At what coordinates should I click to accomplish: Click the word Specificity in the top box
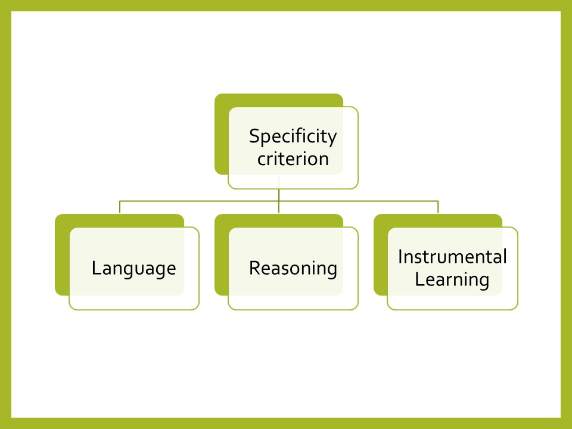click(293, 137)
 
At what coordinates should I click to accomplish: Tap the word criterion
click(293, 159)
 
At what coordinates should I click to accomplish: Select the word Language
click(134, 269)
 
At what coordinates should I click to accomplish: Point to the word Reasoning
click(293, 269)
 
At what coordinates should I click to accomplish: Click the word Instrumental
click(452, 256)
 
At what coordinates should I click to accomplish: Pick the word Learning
click(452, 280)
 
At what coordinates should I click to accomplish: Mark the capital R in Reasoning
click(255, 268)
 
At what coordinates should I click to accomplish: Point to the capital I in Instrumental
click(400, 256)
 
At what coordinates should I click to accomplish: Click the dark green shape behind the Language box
click(62, 256)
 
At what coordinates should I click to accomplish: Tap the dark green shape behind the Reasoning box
click(222, 256)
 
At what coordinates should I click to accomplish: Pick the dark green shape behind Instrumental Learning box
click(381, 256)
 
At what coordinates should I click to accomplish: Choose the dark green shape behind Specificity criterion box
click(222, 135)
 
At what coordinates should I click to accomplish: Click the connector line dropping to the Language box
click(120, 207)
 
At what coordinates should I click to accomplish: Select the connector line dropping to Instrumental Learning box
click(438, 207)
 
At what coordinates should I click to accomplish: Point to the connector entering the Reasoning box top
click(279, 207)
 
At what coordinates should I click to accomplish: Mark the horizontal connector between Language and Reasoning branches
click(199, 201)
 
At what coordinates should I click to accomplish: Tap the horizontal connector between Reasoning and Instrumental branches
click(358, 201)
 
